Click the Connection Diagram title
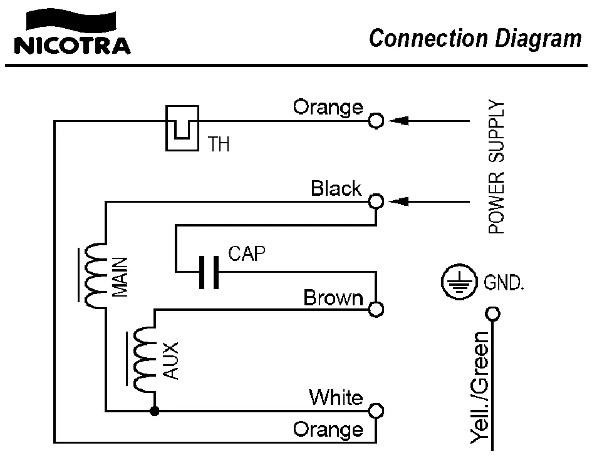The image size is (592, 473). point(475,38)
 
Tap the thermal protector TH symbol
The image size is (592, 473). point(182,128)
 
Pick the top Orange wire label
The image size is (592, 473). point(328,107)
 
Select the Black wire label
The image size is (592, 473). point(336,188)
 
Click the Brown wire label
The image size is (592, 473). point(333,298)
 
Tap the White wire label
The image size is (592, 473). point(335,397)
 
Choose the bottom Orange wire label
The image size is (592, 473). point(328,430)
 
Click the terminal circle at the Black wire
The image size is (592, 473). point(376,201)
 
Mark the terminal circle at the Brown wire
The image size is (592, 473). point(376,309)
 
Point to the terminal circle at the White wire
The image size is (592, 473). point(376,410)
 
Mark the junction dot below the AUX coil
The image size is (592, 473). point(154,411)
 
